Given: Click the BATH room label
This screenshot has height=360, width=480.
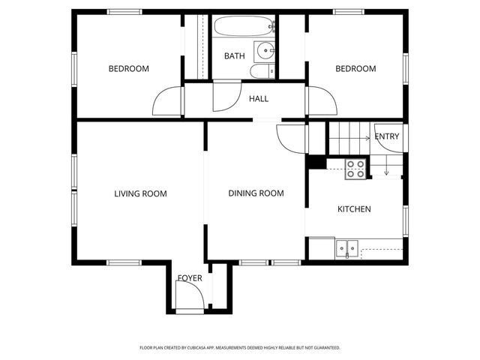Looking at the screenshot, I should (x=234, y=56).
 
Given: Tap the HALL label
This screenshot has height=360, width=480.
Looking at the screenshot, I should (x=259, y=98).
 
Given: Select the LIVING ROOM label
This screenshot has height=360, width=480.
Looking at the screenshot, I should (x=140, y=193).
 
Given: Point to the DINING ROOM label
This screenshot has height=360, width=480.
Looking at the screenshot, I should (x=256, y=193).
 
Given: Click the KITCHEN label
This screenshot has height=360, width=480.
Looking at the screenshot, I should (x=354, y=209).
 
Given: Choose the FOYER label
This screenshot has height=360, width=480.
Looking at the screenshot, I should (x=190, y=278).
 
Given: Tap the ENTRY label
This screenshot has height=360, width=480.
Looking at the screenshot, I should (x=387, y=136).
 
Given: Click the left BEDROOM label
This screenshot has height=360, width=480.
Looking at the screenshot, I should (x=129, y=69).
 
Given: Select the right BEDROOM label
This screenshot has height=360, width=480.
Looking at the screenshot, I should (x=355, y=69).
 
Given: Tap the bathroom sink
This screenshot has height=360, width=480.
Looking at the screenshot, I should (x=265, y=51).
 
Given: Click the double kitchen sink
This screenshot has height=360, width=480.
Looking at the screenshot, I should (x=346, y=247).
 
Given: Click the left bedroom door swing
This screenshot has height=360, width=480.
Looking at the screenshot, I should (x=169, y=101).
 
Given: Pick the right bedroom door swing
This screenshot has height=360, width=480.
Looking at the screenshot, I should (x=318, y=101).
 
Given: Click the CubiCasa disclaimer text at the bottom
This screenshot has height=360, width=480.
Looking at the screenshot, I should (x=240, y=348).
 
